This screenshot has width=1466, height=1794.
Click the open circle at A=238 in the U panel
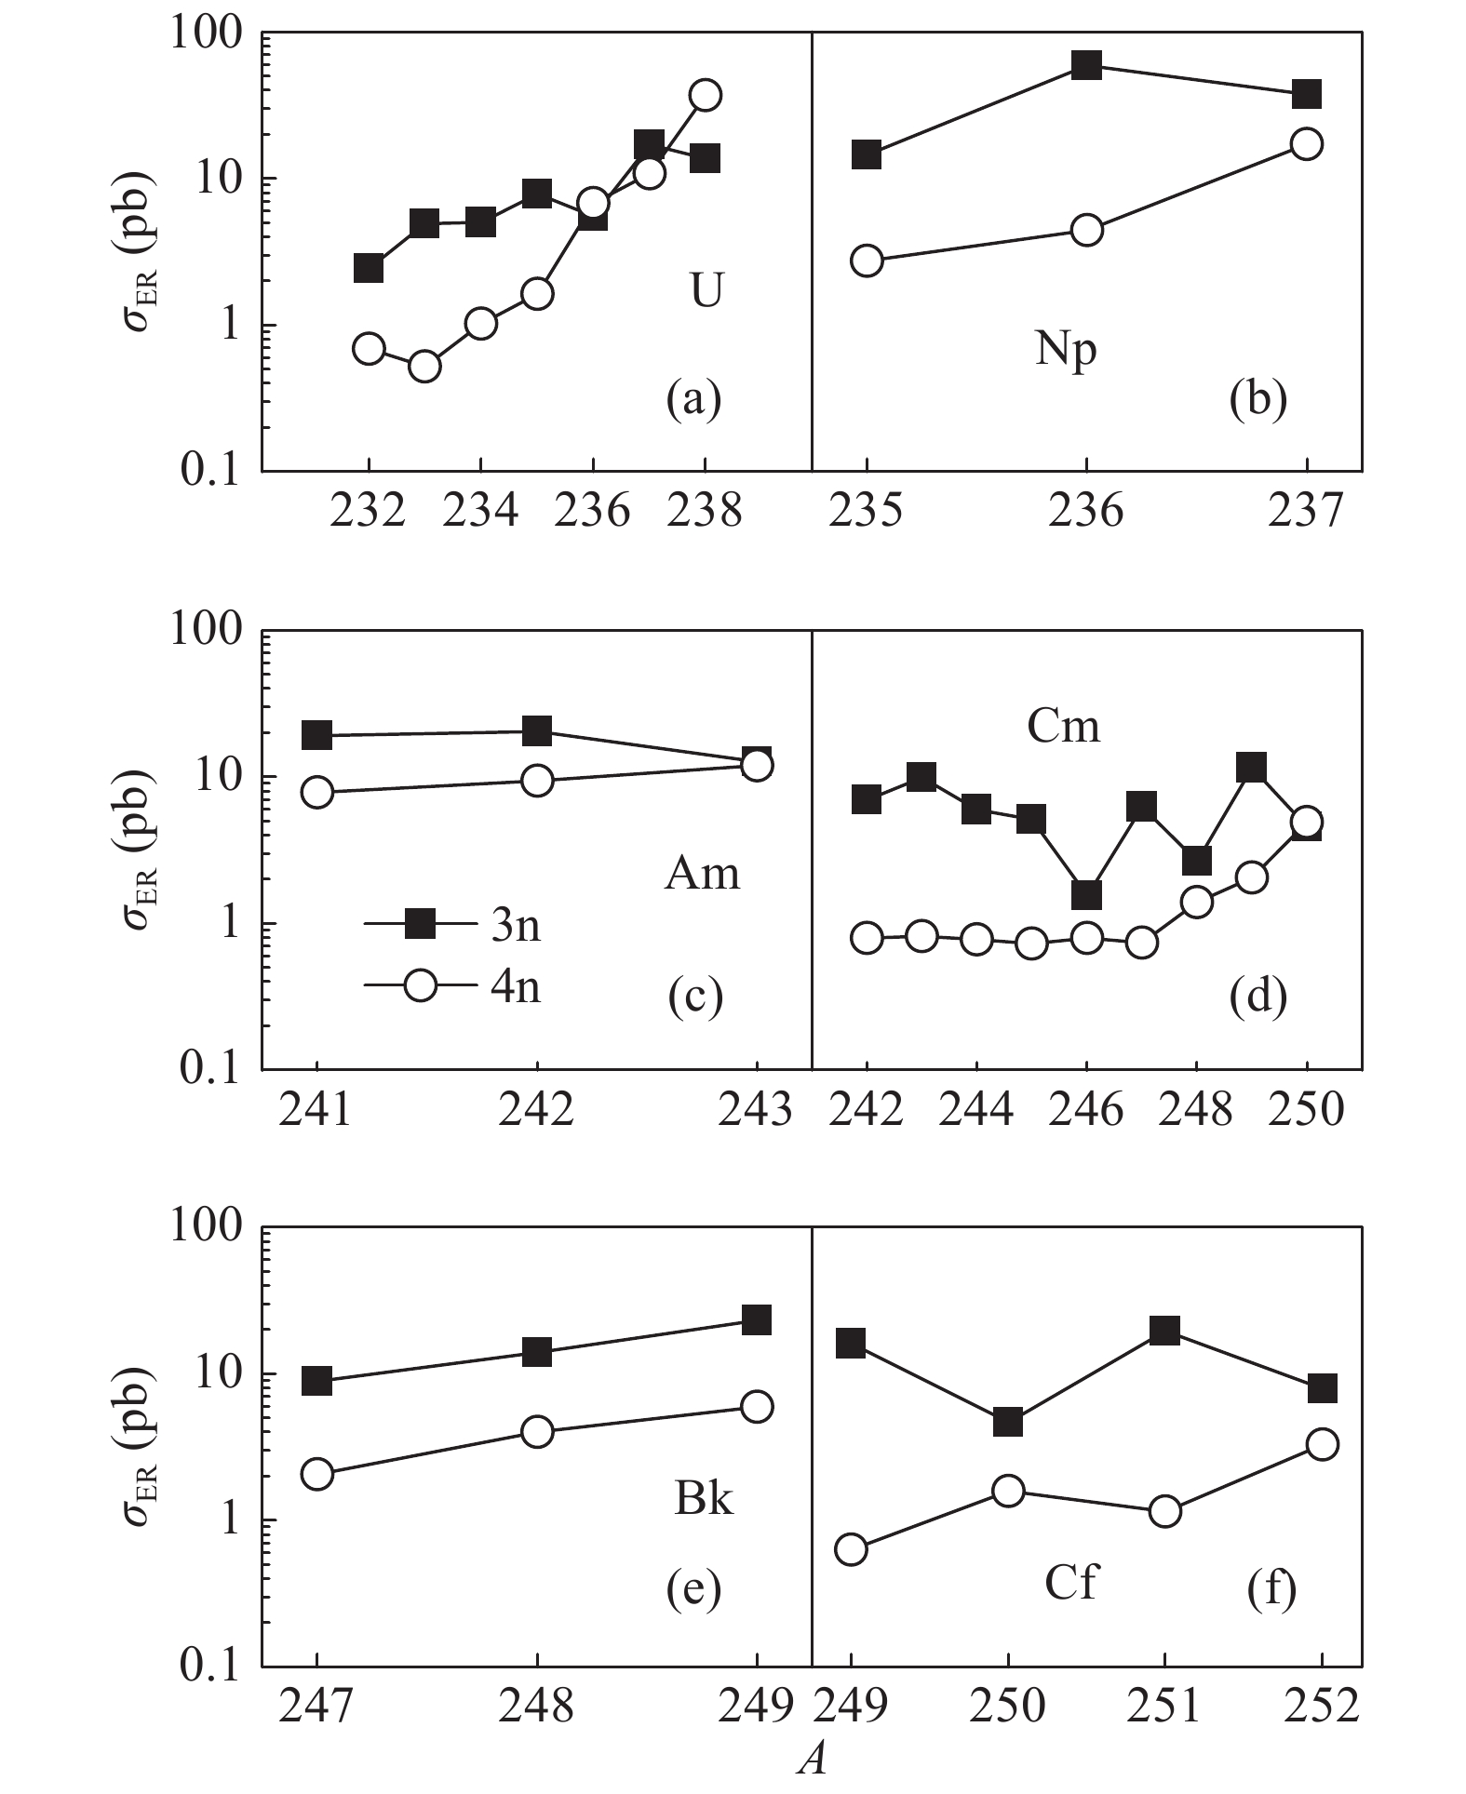click(x=706, y=95)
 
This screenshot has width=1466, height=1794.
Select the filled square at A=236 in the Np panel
click(x=1086, y=65)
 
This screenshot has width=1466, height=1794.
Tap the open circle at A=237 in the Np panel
click(x=1307, y=144)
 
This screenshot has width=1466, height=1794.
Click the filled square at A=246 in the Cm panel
click(x=1086, y=894)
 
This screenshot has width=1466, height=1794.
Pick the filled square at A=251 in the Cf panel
click(x=1164, y=1330)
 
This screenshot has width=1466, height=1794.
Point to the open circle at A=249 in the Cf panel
click(x=851, y=1549)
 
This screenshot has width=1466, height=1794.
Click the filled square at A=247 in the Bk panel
click(x=317, y=1381)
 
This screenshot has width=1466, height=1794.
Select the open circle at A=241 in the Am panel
click(x=317, y=792)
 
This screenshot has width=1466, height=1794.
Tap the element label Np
click(x=1066, y=350)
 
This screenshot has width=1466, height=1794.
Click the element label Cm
click(x=1063, y=726)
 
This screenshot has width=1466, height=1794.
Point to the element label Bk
click(x=703, y=1499)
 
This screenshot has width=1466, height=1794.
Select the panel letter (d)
click(x=1258, y=997)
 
